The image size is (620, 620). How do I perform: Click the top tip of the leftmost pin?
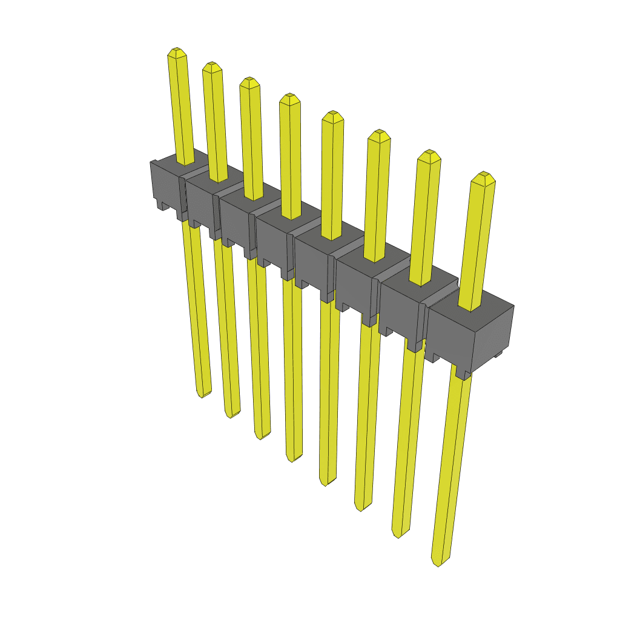pos(176,51)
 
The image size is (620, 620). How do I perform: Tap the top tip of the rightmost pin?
pos(484,176)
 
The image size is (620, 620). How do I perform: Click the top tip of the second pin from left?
pos(211,65)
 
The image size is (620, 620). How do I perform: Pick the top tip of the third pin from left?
pos(249,81)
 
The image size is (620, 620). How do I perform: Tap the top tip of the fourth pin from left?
pos(289,97)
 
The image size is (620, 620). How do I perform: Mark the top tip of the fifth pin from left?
pos(332,115)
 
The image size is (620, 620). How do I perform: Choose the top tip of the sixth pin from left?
pos(378,133)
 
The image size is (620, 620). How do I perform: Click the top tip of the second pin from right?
pos(429,153)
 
